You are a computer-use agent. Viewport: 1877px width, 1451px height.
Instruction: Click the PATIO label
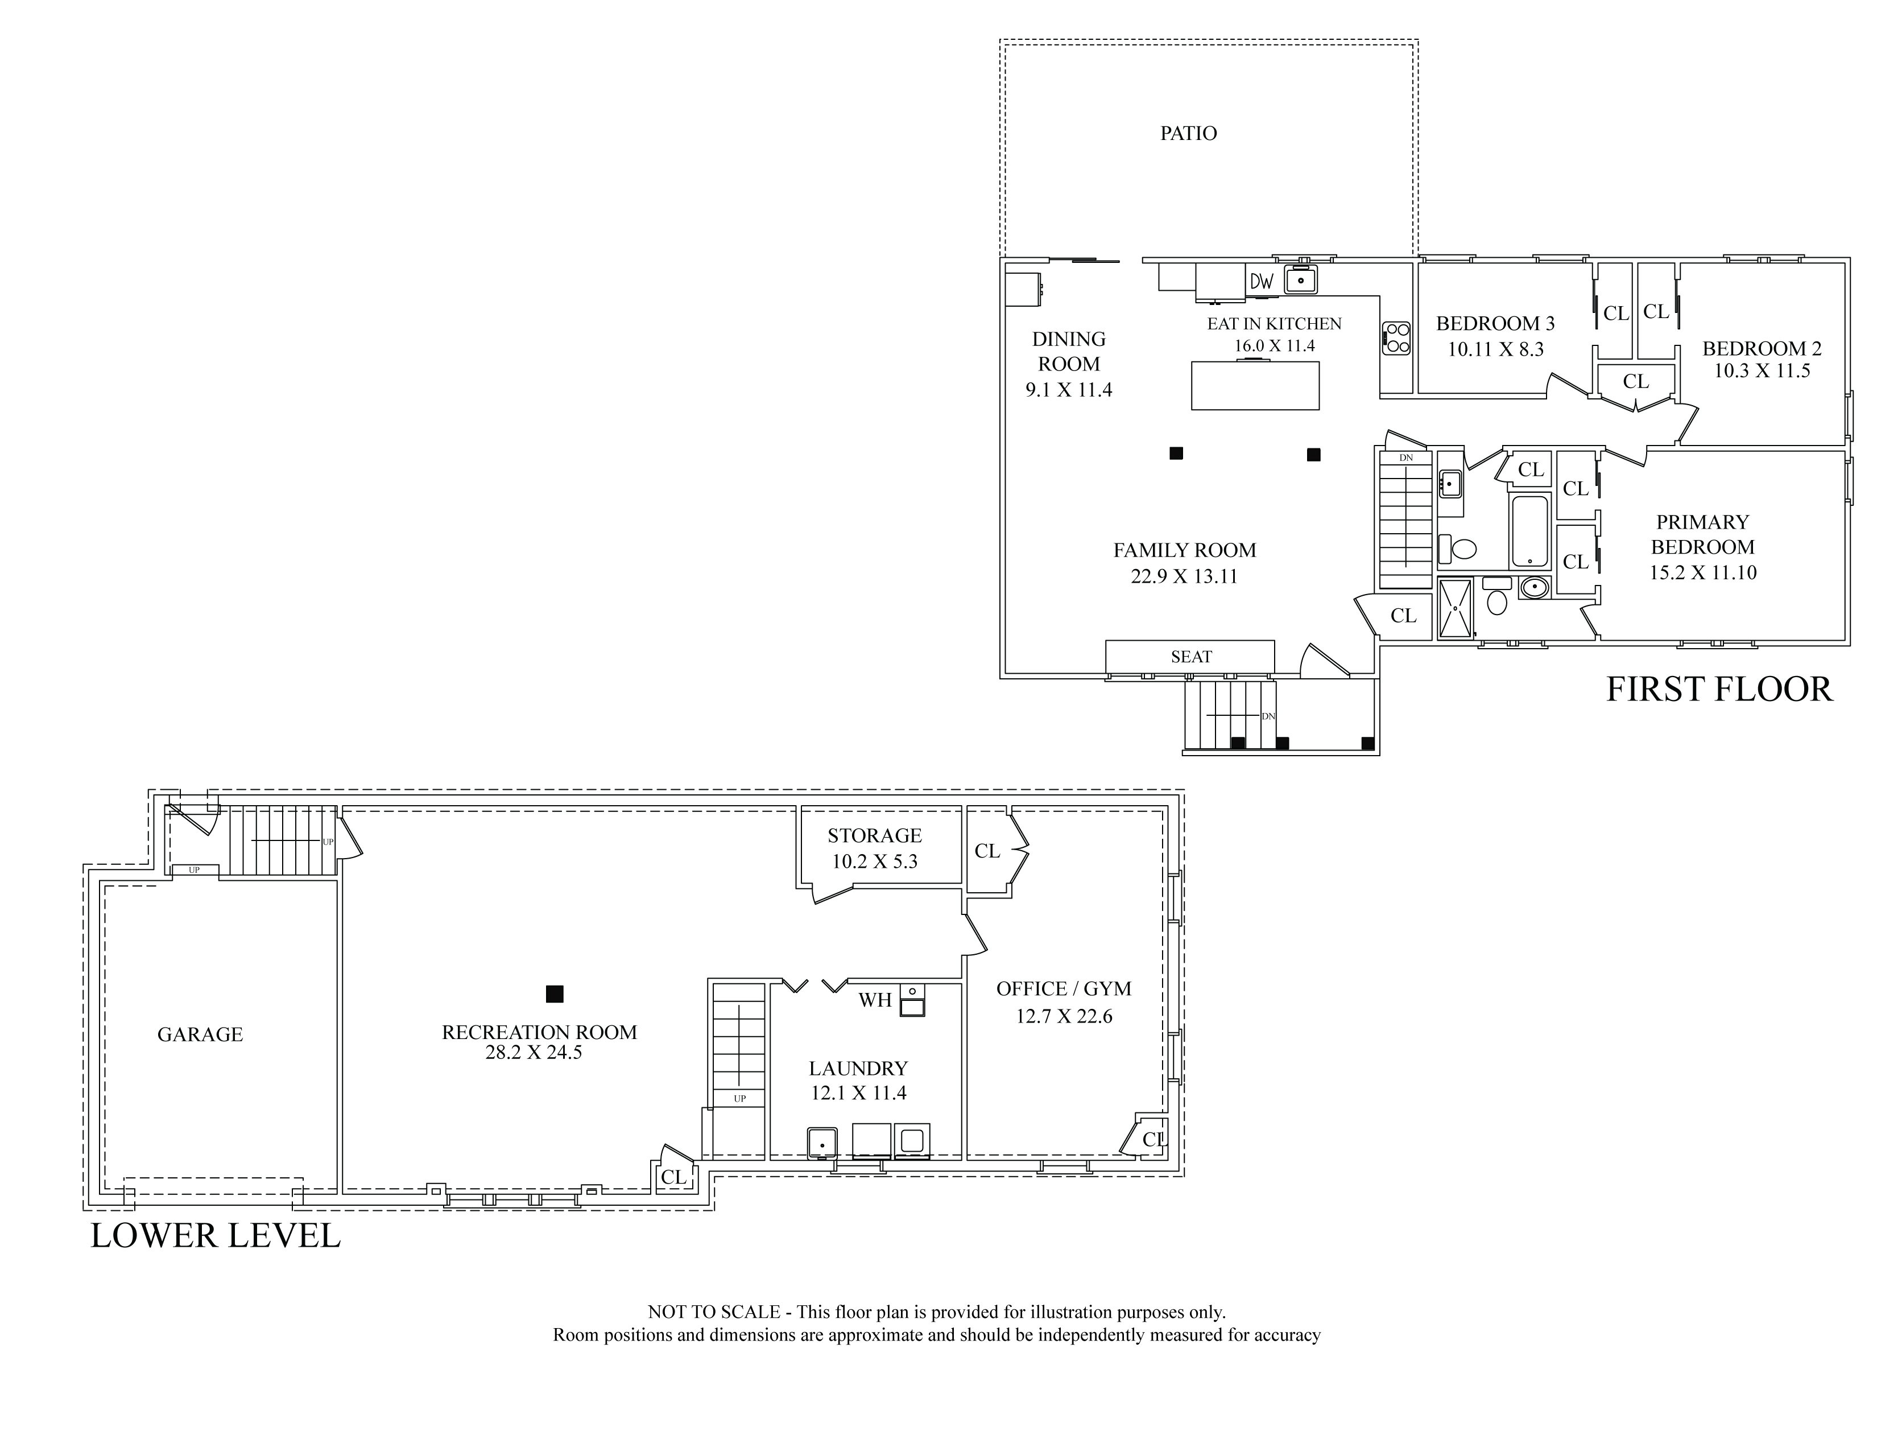click(1189, 133)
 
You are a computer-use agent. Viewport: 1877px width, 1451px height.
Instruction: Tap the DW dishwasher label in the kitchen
click(1261, 281)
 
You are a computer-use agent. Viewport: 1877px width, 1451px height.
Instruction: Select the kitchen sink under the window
click(1301, 279)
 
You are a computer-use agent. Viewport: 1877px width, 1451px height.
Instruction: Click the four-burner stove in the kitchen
click(1396, 338)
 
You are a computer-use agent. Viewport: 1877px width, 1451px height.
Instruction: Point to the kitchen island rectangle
click(1255, 385)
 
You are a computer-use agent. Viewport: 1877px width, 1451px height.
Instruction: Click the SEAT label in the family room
click(1191, 657)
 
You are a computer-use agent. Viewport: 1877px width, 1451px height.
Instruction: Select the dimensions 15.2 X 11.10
click(1702, 572)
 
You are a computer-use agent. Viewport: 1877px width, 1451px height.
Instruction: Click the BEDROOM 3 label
click(1495, 324)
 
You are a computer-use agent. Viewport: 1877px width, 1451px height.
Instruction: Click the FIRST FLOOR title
click(1719, 690)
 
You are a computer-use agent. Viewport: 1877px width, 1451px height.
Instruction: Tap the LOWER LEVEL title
click(216, 1236)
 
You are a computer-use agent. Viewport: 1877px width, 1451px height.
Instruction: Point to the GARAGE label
click(200, 1034)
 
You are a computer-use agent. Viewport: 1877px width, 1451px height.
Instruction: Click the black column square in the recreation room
click(555, 994)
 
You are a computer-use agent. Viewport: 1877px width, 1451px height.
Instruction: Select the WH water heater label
click(875, 1000)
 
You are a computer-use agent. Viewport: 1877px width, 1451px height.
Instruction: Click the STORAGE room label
click(875, 835)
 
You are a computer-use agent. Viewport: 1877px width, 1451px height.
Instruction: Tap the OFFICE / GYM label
click(1064, 988)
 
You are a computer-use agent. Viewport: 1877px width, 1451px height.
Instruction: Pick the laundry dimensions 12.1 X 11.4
click(858, 1094)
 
